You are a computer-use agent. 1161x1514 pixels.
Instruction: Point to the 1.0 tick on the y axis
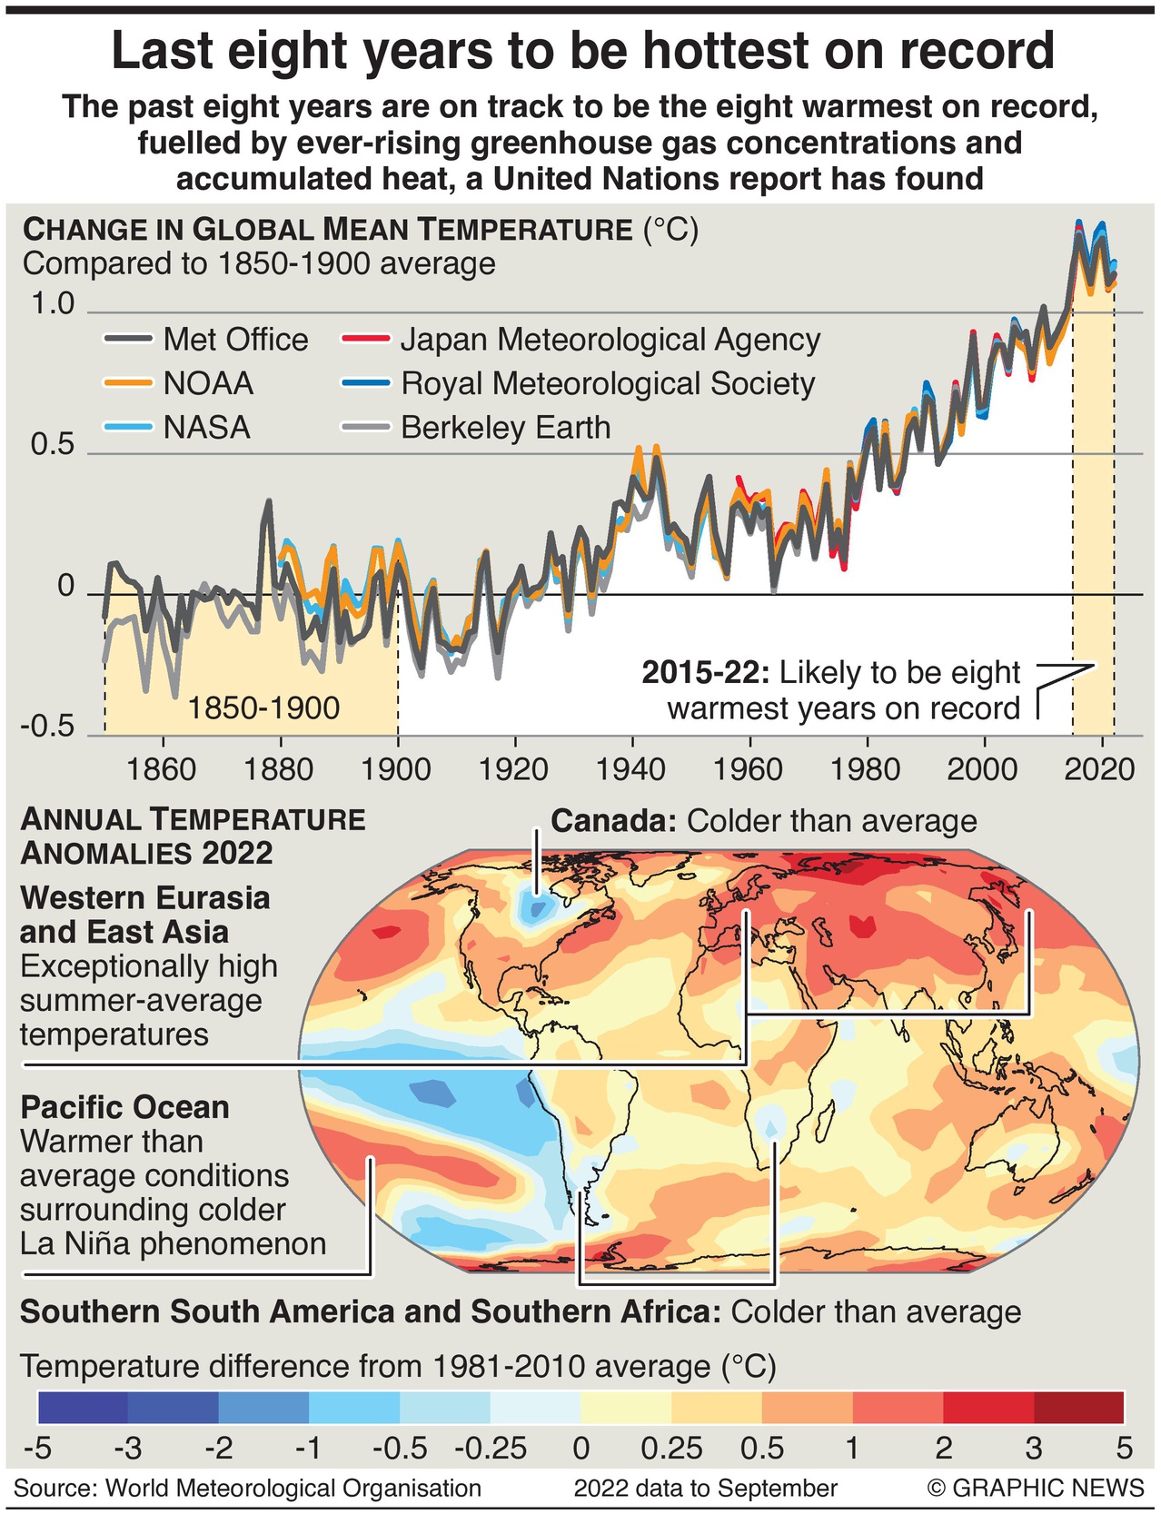click(x=53, y=304)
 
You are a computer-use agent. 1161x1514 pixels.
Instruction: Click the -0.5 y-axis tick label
click(x=48, y=728)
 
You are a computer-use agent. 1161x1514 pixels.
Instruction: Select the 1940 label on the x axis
click(x=630, y=770)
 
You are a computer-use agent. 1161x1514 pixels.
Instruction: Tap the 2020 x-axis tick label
click(x=1098, y=770)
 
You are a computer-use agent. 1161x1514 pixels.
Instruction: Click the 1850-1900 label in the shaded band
click(x=263, y=708)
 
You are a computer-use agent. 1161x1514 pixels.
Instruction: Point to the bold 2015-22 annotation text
click(x=705, y=673)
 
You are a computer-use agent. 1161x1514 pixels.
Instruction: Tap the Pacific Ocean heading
click(x=124, y=1107)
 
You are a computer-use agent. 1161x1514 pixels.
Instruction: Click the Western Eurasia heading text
click(x=145, y=898)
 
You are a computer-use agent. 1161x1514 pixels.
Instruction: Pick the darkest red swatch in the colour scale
click(x=1078, y=1407)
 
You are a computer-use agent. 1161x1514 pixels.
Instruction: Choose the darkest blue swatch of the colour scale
click(x=83, y=1407)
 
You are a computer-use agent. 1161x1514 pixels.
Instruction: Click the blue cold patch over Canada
click(x=536, y=906)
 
